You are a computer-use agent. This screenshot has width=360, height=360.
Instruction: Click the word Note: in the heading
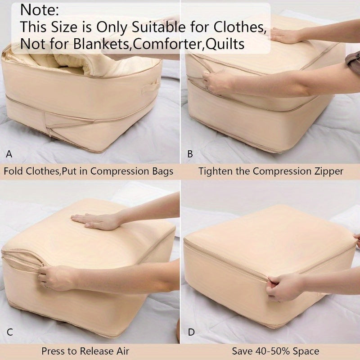(x=40, y=9)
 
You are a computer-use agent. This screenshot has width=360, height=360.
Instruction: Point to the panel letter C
(x=9, y=333)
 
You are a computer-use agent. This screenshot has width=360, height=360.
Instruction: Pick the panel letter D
(x=191, y=333)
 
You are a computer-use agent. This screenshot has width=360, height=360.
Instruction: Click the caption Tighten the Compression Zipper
(x=270, y=171)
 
